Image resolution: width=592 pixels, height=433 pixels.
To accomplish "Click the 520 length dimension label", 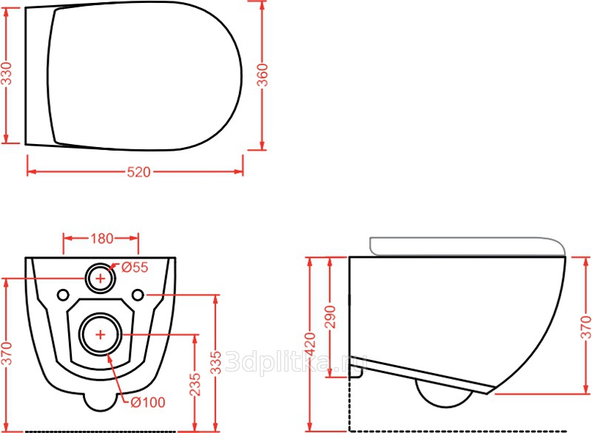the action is coord(138,172).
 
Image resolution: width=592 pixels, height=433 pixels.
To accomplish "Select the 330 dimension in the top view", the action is coord(7,73).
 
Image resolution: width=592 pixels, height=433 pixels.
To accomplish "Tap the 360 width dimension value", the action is coord(263,75).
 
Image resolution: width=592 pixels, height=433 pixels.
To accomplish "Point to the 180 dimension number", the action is coord(101,238).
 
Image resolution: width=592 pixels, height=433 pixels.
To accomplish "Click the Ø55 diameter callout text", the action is coord(135,267).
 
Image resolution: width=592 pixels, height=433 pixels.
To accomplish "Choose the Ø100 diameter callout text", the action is coord(148,403).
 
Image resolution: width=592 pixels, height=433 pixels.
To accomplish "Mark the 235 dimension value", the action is coord(195,384).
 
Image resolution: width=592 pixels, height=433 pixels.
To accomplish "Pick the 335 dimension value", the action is coord(216,363).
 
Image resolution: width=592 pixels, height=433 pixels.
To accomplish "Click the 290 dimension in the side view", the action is coord(330,317).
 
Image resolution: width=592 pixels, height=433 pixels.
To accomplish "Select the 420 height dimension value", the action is coord(310,344).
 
